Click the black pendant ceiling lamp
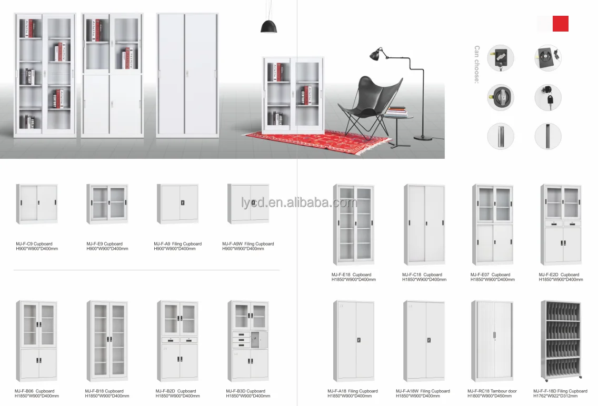(x=269, y=25)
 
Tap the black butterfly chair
(x=368, y=103)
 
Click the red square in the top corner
(x=560, y=24)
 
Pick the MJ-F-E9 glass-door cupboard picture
(x=107, y=204)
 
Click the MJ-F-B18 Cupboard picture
(x=107, y=341)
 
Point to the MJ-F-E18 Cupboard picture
(x=353, y=225)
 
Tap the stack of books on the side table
(x=397, y=111)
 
